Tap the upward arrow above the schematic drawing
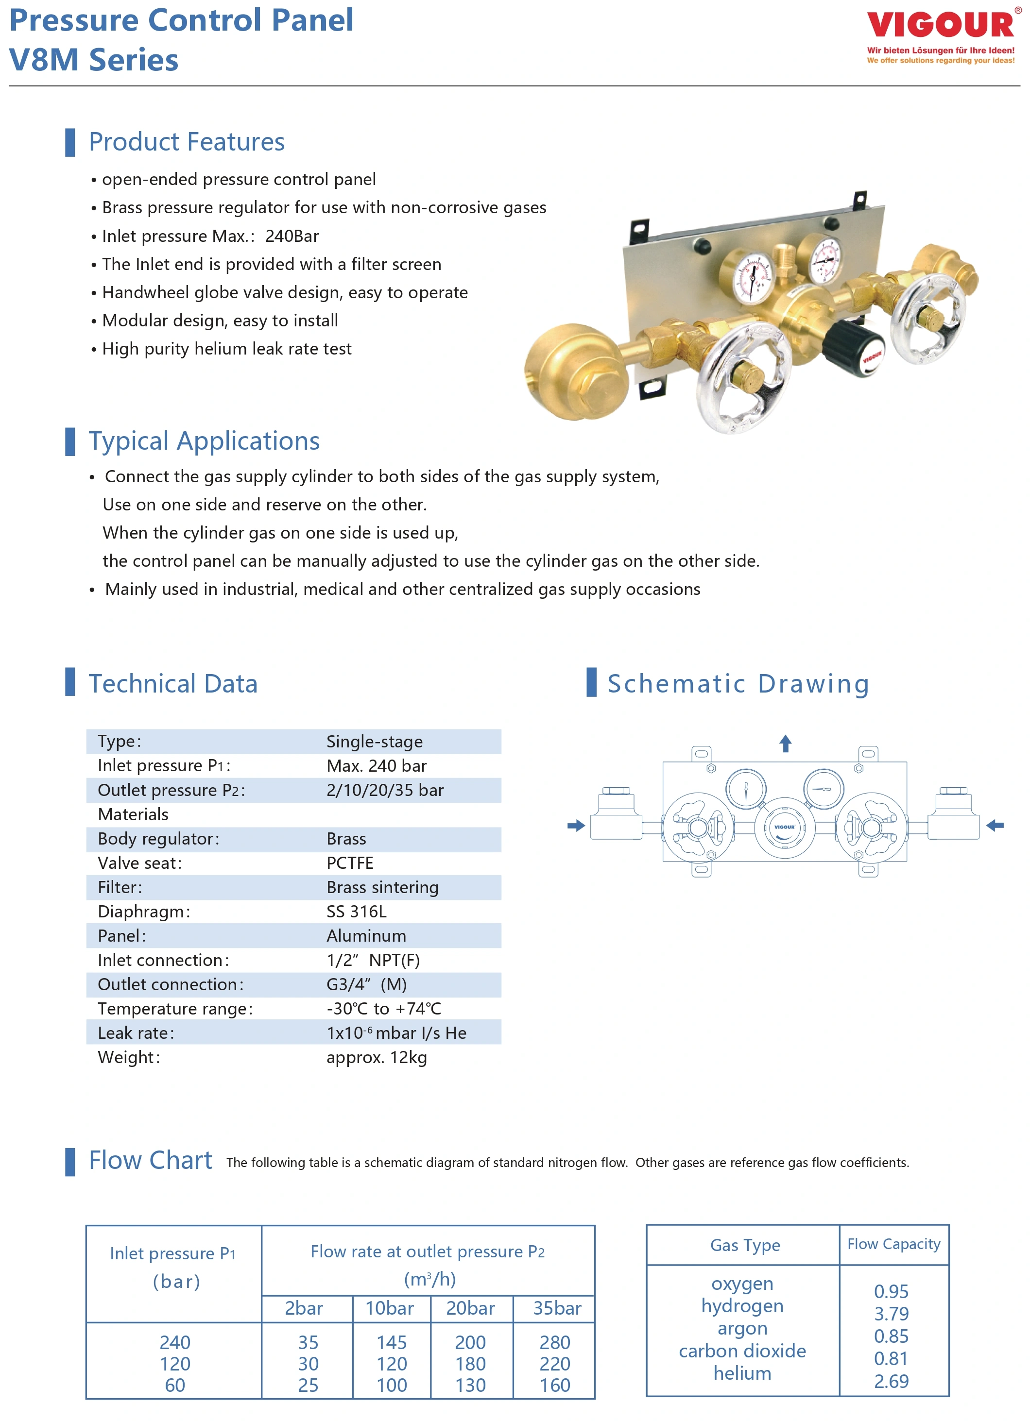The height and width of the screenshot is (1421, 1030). click(786, 743)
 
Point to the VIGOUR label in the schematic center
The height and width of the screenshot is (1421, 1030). click(784, 827)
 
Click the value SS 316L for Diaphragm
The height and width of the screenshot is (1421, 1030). click(356, 912)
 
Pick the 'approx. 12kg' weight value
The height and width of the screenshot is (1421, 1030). click(376, 1058)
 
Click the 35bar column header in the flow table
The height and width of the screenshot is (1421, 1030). click(557, 1308)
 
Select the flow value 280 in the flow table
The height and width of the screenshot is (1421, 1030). click(555, 1343)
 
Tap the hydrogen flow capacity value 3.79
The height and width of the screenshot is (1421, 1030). click(891, 1314)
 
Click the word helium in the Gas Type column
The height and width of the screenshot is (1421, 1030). click(742, 1373)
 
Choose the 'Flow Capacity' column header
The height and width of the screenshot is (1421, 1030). click(893, 1244)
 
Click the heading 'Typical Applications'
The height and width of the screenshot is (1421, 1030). click(204, 441)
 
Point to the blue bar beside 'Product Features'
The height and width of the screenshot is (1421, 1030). click(70, 142)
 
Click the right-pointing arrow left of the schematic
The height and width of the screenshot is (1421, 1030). click(576, 826)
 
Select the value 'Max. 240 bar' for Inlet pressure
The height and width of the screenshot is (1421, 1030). click(376, 766)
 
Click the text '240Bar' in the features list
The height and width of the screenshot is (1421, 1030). click(292, 236)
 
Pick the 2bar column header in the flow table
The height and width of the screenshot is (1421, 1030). click(304, 1308)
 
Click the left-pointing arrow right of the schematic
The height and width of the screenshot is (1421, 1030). click(995, 826)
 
